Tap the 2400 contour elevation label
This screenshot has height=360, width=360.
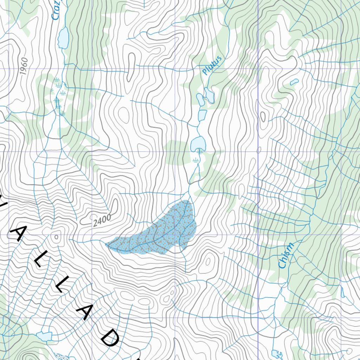[102, 220]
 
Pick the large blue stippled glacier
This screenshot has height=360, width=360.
[158, 232]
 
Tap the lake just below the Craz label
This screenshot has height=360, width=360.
[64, 38]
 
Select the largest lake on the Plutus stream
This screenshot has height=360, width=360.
[198, 143]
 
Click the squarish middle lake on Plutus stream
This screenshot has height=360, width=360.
[202, 115]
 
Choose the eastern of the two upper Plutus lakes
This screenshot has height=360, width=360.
[209, 95]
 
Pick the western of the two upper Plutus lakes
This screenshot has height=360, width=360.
[200, 99]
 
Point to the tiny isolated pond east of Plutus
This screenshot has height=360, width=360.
[294, 82]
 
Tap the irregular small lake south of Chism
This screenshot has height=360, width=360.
[277, 354]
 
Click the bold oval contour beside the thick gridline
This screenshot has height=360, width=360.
[258, 150]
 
